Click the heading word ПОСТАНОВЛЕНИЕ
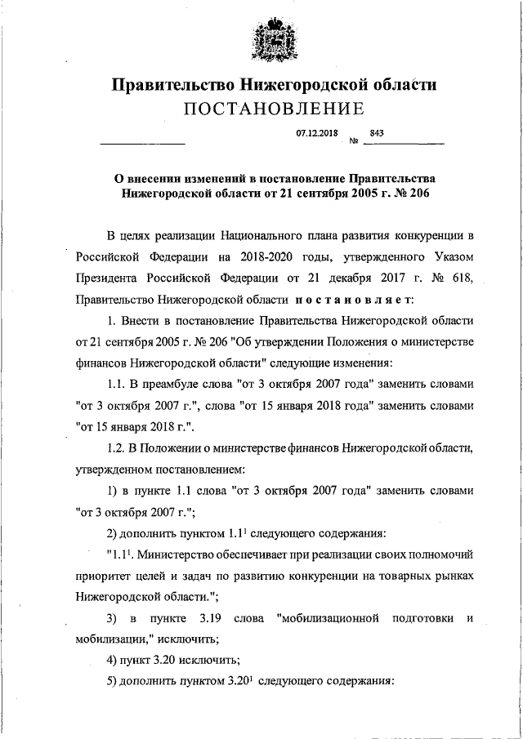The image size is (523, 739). point(272,108)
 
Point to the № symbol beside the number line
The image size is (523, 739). point(355,142)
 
